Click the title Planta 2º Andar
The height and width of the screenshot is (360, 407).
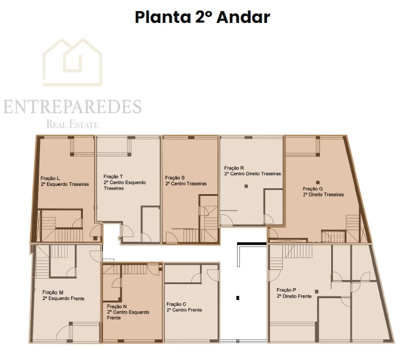(202, 18)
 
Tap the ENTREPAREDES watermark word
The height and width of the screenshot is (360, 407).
(72, 106)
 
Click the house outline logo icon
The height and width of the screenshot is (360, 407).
(72, 62)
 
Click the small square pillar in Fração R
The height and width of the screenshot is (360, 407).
(246, 186)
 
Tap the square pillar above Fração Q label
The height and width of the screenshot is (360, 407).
(318, 182)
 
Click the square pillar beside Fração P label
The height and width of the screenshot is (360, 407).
(316, 292)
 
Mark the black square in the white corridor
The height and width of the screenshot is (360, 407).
(238, 298)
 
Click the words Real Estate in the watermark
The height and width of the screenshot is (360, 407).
(72, 124)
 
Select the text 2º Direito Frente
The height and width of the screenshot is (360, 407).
(294, 296)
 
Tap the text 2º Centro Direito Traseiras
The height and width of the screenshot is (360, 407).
(252, 174)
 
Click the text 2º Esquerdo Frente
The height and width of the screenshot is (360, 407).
(64, 298)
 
